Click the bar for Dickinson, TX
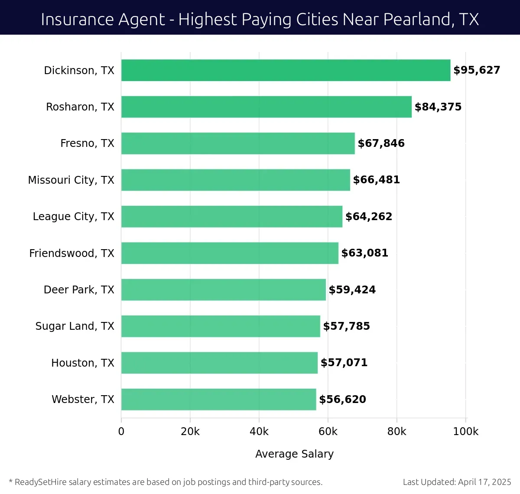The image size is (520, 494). coord(286,70)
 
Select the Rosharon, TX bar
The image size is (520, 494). coord(266,107)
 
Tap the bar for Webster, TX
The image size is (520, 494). coord(218,399)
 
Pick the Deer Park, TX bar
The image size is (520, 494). coord(223,289)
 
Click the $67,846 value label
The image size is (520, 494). coord(381,143)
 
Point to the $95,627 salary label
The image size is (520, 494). coord(477,70)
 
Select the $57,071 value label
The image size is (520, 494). coord(344,363)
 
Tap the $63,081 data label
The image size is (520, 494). coord(364,253)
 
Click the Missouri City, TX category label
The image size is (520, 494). coord(71,180)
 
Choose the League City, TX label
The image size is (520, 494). coord(74,216)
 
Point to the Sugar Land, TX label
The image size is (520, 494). coord(75,326)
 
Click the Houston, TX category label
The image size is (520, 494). coord(83,363)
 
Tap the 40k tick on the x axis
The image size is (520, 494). coord(259,432)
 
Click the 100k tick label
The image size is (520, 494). coord(466,432)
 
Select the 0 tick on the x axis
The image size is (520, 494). coord(121,432)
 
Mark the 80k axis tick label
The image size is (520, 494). coord(397,432)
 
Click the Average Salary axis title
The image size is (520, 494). coord(294,454)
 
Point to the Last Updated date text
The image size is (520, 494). coord(457,482)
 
